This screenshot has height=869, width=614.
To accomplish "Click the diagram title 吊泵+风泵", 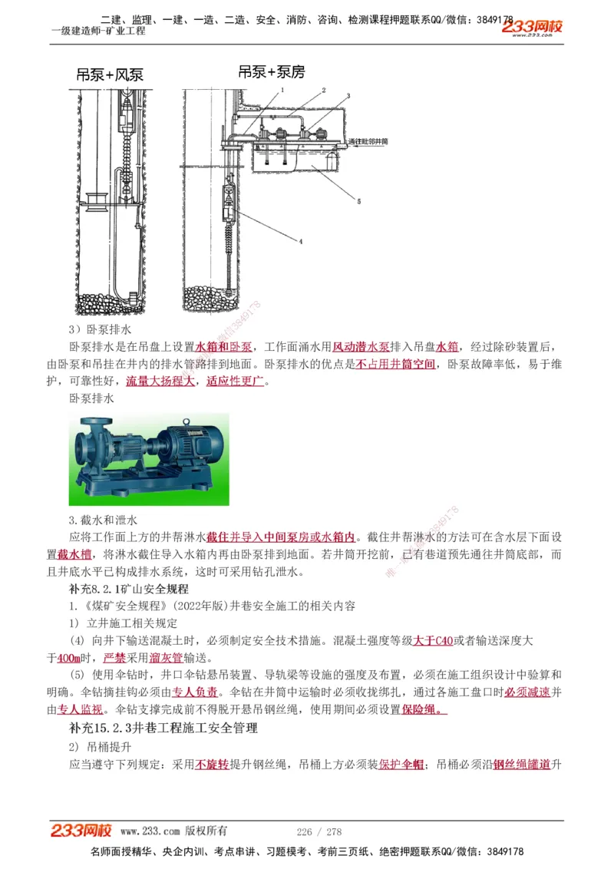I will click(x=110, y=75).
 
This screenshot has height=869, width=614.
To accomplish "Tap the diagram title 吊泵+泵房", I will click(x=271, y=72).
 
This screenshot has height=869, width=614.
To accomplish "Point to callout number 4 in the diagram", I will click(x=301, y=241).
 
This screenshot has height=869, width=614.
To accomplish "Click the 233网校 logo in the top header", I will click(x=532, y=28).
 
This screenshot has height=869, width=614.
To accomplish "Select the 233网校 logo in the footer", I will click(x=81, y=831).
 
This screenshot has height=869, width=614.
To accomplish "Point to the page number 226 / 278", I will click(x=319, y=831).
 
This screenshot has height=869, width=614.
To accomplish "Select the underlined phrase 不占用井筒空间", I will click(x=395, y=364).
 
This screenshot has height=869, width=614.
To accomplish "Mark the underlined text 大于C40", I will click(x=433, y=640).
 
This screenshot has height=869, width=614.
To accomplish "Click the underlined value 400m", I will click(x=69, y=658).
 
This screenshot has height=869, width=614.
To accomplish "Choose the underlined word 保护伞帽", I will click(x=401, y=764).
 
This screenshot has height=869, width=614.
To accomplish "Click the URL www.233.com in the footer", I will click(x=150, y=831).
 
